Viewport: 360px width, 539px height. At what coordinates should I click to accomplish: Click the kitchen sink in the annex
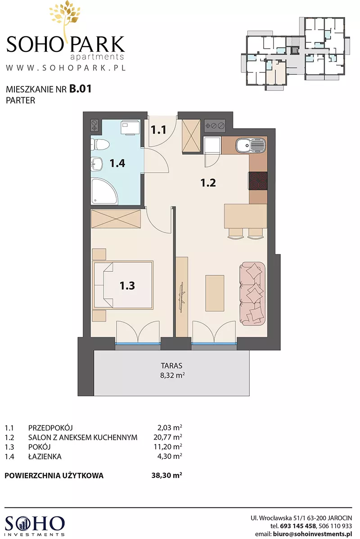pos(251,145)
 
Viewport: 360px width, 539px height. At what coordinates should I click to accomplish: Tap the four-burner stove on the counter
pos(258,181)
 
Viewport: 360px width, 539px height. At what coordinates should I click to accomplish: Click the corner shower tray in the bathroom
pos(104,191)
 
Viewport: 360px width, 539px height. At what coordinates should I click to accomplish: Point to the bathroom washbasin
pos(97,164)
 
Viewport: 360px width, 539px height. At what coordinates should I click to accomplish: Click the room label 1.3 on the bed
pos(127,285)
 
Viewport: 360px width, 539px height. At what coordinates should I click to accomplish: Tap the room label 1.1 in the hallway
pos(158,130)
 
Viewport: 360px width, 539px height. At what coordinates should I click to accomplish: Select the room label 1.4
pos(117,163)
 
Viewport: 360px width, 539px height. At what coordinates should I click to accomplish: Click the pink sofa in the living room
pos(253,294)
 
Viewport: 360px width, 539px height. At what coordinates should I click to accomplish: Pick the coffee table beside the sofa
pos(215,293)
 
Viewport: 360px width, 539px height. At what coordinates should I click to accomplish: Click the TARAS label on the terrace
pos(171,366)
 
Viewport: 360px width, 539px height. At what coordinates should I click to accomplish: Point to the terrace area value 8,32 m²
pos(172,375)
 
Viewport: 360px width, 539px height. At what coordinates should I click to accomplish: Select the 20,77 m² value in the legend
pos(168,437)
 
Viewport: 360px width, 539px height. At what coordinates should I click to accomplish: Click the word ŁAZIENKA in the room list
pos(45,456)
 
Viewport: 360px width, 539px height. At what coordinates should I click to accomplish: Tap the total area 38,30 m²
pos(167,476)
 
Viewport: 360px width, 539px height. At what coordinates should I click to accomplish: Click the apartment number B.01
pos(81,89)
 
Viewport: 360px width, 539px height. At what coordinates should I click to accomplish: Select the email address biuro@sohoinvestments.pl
pos(312,534)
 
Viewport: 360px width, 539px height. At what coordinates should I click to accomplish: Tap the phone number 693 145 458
pos(297,526)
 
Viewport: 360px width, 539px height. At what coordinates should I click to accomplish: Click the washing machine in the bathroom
pos(130,127)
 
